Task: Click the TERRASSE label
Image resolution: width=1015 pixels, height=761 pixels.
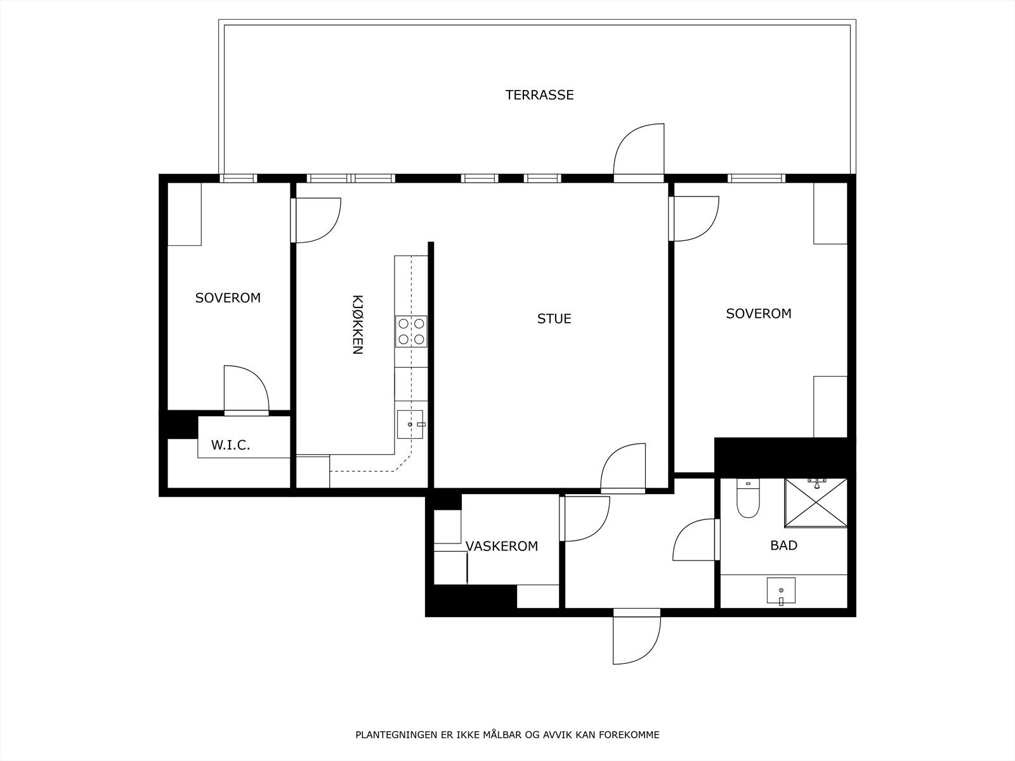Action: tap(539, 95)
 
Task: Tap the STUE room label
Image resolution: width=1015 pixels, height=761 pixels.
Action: tap(554, 318)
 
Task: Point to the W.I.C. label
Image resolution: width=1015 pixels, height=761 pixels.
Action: tap(230, 445)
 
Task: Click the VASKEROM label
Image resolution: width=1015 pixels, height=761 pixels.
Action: tap(501, 546)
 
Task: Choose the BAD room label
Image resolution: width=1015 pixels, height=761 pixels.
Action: tap(783, 545)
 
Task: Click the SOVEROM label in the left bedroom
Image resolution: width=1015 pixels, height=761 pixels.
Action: tap(228, 298)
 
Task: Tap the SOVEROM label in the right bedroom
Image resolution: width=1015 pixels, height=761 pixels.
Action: tap(759, 313)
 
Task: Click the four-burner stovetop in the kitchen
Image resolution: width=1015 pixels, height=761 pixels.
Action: tap(411, 331)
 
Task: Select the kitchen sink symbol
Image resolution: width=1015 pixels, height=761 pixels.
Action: tap(410, 424)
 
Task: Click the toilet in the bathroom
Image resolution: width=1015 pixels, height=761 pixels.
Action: tap(748, 499)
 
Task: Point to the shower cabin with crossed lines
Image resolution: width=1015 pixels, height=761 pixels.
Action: tap(816, 503)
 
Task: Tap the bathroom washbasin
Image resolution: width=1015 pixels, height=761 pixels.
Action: tap(780, 591)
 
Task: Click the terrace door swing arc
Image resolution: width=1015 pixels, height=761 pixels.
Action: tap(638, 149)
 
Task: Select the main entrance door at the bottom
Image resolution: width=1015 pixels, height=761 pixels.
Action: tap(637, 637)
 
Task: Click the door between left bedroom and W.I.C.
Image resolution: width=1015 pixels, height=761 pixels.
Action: tap(246, 390)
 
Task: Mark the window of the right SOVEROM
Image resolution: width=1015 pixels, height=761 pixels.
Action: tap(756, 178)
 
